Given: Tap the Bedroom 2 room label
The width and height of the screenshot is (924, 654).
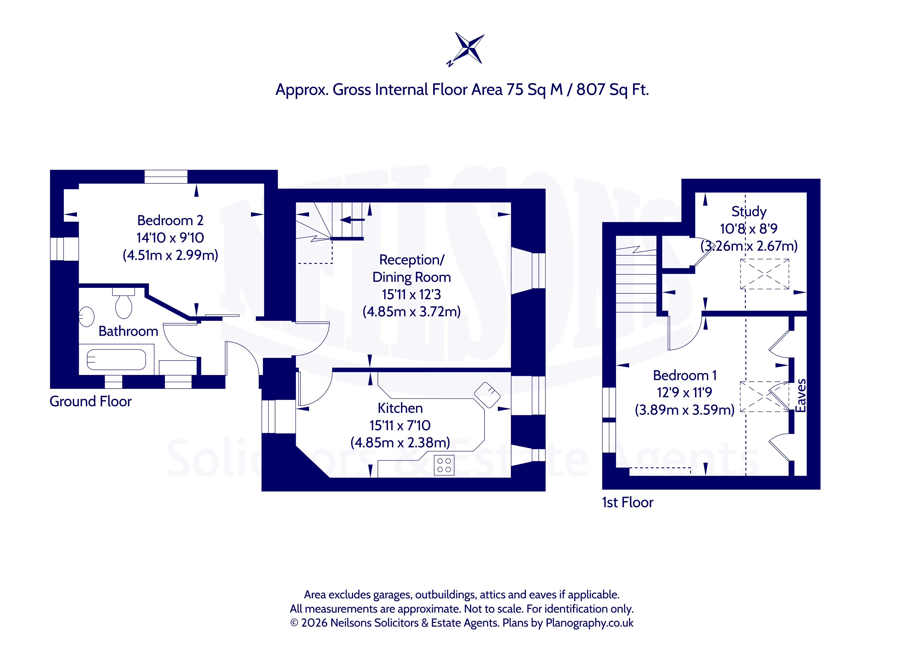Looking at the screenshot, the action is (x=170, y=220).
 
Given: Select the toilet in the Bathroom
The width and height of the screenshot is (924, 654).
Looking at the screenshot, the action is (x=124, y=303).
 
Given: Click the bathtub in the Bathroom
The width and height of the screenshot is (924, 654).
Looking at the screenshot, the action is (x=116, y=360).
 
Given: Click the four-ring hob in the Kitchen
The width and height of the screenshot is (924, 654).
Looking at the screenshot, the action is (x=444, y=465).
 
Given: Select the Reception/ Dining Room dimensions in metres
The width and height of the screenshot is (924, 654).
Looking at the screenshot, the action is (x=411, y=312).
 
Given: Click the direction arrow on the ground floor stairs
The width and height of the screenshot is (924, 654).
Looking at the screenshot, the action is (x=352, y=220).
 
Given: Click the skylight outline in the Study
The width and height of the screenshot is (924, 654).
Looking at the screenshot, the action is (x=765, y=274).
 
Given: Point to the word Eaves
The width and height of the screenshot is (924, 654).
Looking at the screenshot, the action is (x=801, y=395).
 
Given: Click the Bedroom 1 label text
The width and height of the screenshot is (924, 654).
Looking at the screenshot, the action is (x=685, y=375).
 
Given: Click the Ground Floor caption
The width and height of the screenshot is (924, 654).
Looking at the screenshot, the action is (x=91, y=401).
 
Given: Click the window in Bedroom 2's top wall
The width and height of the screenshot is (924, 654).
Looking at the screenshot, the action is (x=166, y=177).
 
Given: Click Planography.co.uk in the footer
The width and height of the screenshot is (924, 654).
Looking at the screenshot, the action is (x=589, y=623).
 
